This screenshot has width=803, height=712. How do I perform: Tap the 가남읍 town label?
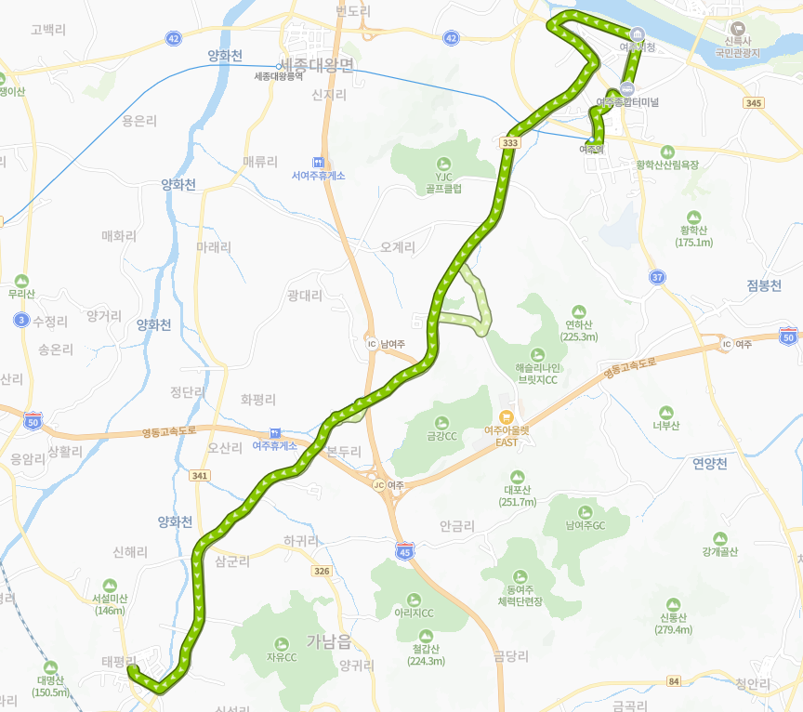(328, 640)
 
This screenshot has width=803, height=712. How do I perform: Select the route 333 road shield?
(509, 142)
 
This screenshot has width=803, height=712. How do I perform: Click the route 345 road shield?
(754, 102)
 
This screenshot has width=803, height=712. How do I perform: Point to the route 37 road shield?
(657, 277)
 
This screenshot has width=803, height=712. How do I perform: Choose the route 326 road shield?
(322, 570)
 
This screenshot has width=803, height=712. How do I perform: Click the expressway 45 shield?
(404, 550)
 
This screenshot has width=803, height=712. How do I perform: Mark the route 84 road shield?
(672, 683)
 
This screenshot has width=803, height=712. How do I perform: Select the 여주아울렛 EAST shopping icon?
(507, 417)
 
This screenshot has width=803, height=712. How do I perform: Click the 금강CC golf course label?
(441, 435)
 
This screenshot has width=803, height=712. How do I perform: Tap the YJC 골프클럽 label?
(442, 180)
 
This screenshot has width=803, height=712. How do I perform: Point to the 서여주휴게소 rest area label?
(318, 175)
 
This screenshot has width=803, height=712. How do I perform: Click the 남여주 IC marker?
(372, 343)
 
